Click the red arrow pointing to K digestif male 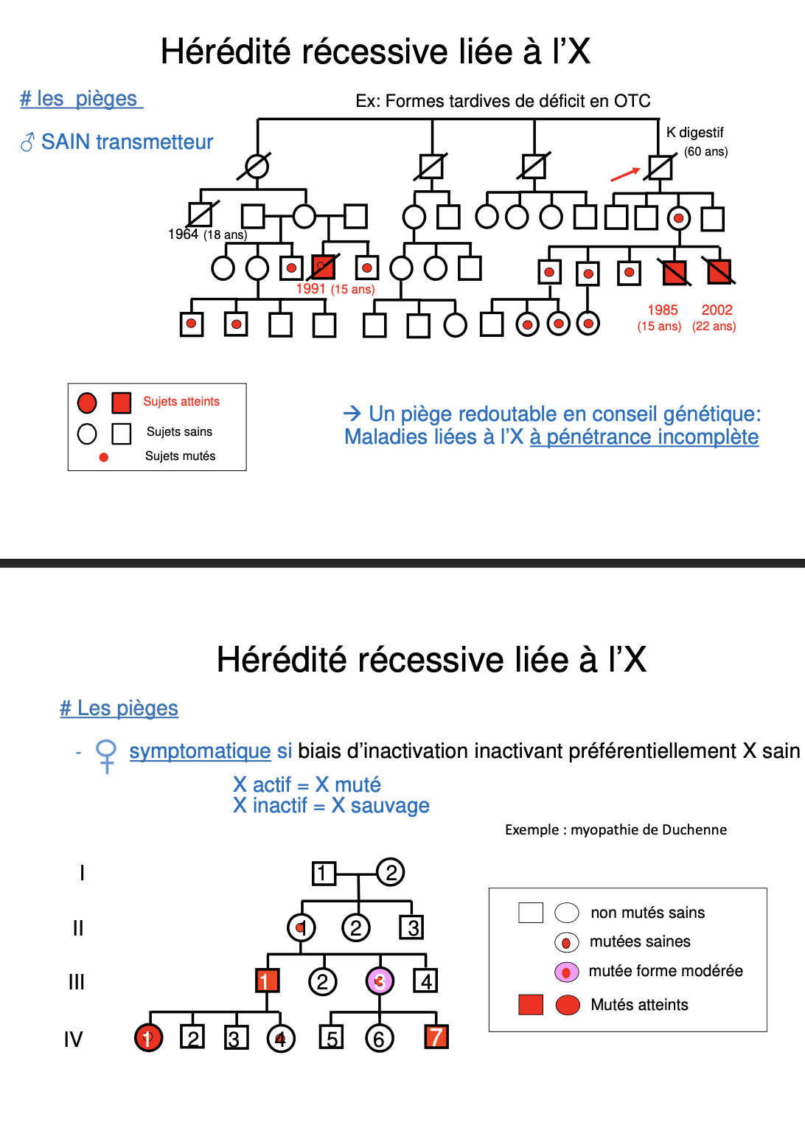coord(625,174)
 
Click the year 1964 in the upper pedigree coord(183,234)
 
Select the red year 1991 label coord(310,289)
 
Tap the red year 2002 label coord(717,310)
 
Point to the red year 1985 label coord(663,310)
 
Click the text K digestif coord(694,133)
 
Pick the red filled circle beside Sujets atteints coord(87,403)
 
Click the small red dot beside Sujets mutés coord(104,457)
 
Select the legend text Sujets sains coord(179,432)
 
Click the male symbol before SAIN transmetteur coord(27,142)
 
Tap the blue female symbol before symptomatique coord(106,755)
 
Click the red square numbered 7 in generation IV coord(436,1037)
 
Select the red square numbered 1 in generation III coord(267,981)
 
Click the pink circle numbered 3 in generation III coord(380,981)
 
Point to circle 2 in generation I coord(391,872)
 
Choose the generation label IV coord(73,1040)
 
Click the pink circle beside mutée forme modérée coord(566,972)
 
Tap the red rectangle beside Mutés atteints coord(531,1005)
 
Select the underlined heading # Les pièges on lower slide coord(119,709)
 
